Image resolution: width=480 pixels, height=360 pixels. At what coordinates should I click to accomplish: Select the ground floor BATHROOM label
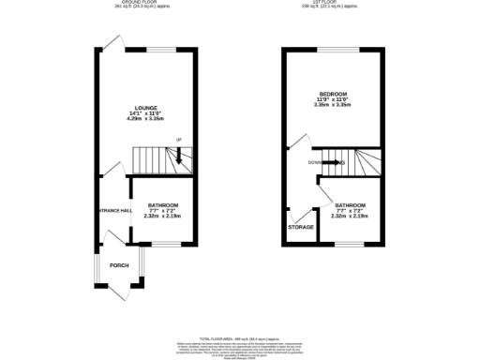160,204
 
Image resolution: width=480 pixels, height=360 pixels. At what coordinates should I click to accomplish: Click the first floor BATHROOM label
352,204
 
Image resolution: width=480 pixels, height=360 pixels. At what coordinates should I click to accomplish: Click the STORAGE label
300,227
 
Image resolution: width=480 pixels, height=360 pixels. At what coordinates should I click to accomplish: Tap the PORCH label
119,265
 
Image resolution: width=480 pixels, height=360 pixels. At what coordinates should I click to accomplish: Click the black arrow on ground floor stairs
180,157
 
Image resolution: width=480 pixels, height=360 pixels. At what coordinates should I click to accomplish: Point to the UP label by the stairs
177,142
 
